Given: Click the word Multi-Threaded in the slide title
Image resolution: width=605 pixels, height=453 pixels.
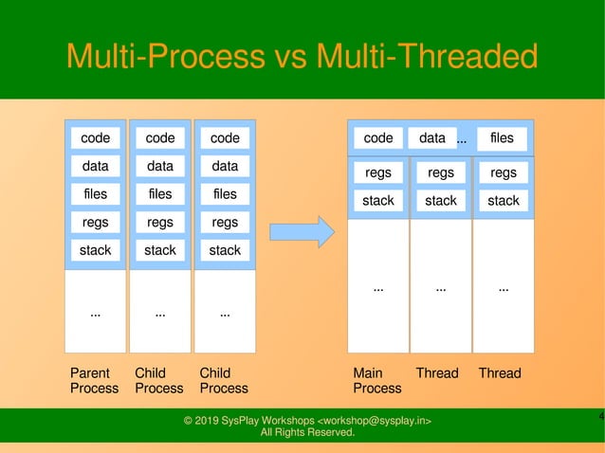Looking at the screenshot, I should point(427,57).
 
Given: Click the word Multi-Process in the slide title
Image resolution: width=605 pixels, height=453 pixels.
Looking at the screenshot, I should point(167,57).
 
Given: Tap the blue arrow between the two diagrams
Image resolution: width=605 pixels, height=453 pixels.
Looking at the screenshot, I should point(302,231).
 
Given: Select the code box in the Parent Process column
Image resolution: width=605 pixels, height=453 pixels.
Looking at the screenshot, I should point(95,137).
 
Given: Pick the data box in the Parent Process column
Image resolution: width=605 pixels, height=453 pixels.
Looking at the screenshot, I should point(95,166).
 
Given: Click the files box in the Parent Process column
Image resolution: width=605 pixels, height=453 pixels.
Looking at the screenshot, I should point(95,194).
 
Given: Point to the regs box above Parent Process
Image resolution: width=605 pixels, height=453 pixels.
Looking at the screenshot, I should point(95,223).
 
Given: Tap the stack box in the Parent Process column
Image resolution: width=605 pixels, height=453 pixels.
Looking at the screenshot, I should point(95,250).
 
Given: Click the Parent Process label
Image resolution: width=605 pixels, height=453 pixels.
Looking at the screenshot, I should point(94,380).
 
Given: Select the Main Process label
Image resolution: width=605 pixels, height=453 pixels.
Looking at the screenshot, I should point(376,380).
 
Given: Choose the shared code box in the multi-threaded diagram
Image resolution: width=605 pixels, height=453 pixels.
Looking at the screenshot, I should point(378,137).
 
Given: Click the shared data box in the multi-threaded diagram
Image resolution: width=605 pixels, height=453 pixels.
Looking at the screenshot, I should point(432,137).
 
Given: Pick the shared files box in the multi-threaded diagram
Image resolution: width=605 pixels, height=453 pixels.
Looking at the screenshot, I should point(502,137).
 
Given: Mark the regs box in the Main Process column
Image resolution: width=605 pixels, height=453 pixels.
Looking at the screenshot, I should point(378,172).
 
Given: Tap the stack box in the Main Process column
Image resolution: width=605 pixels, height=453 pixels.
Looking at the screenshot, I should point(378,200).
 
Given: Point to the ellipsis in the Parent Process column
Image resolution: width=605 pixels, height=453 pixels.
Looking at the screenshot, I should point(95,313).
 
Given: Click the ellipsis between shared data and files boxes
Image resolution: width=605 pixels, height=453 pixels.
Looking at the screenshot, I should point(462,140).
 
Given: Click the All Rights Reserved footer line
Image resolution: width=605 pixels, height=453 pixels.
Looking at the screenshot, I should point(307,433).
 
